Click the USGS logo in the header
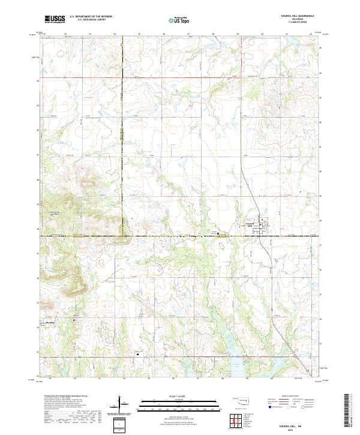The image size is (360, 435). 55,20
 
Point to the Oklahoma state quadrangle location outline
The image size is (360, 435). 242,401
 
